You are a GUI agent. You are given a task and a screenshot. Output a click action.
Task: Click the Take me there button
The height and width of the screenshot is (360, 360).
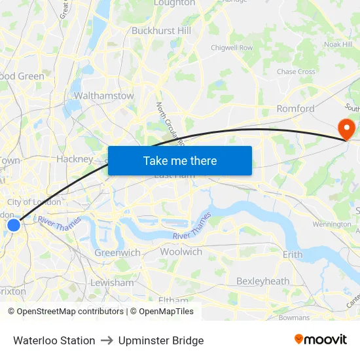(179, 160)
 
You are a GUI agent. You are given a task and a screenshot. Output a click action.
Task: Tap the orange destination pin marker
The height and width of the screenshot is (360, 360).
(344, 128)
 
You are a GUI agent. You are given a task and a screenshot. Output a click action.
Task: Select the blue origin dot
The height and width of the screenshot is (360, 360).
(14, 225)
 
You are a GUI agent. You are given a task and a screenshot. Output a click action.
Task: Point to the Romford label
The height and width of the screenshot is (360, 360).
(295, 109)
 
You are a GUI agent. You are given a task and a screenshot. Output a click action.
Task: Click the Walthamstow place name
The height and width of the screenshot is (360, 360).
(104, 96)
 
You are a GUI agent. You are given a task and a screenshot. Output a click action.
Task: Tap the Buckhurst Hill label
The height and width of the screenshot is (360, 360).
(161, 31)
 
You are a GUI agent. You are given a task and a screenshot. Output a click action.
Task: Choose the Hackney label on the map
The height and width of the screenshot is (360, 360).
(75, 159)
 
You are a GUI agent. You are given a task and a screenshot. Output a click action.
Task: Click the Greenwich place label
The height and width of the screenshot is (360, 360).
(117, 253)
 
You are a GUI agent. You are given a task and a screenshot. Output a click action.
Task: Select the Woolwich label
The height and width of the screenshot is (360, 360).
(181, 252)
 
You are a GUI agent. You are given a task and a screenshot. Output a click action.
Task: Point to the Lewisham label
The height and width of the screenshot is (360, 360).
(112, 283)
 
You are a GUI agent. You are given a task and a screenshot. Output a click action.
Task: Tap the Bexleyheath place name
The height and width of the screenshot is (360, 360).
(262, 281)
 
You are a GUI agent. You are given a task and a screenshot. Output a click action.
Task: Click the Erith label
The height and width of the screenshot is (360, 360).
(292, 254)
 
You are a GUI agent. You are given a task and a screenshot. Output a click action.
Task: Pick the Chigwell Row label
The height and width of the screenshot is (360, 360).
(232, 48)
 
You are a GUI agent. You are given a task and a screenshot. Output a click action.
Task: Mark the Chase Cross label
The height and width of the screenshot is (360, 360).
(296, 72)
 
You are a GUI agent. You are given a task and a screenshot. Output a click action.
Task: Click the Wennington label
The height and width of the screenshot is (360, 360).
(332, 225)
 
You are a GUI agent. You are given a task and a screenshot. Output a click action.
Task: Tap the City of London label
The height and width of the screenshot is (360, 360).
(34, 202)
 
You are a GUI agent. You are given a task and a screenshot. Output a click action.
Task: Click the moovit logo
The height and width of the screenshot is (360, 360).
(321, 340)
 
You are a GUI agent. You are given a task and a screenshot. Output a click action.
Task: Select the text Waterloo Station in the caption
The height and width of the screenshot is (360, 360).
(54, 340)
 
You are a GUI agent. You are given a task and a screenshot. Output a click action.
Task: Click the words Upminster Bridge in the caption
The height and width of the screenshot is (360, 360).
(161, 340)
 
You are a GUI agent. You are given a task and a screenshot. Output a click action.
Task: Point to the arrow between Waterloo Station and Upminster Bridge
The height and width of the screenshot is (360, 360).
(107, 340)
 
